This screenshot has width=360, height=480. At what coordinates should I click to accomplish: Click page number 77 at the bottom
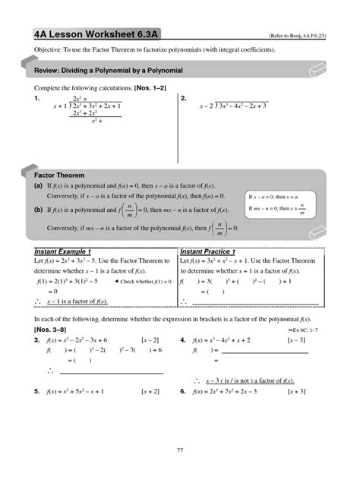pyautogui.click(x=180, y=450)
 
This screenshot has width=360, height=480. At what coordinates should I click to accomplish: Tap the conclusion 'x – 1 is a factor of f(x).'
pyautogui.click(x=77, y=301)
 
